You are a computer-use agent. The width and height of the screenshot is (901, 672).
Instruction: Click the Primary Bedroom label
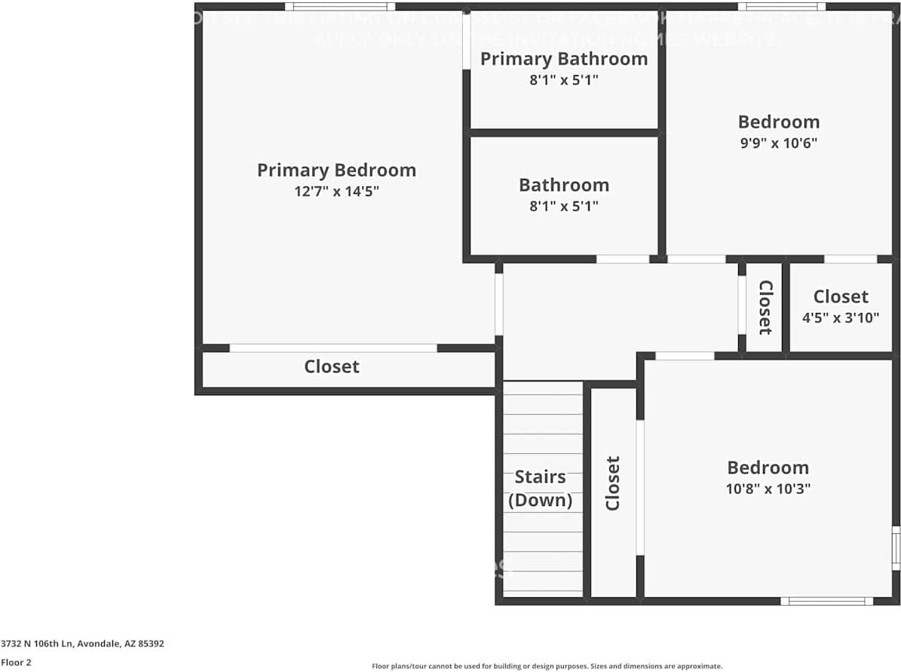coord(336,170)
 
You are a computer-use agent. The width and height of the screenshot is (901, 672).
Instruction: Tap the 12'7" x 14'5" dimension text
coord(336,192)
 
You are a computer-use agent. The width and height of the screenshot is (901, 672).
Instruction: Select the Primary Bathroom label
coord(564,59)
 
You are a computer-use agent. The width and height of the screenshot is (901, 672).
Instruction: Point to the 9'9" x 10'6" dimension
coord(779,143)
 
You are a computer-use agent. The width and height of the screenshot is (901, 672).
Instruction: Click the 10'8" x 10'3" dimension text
coord(768,488)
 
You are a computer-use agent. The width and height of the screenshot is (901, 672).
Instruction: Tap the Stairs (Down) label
coord(540,488)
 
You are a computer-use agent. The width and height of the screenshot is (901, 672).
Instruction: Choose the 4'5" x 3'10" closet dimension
coord(841,318)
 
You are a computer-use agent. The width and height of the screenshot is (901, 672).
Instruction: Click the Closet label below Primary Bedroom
coord(332,367)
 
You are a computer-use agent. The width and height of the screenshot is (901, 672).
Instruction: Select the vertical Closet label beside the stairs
coord(612,483)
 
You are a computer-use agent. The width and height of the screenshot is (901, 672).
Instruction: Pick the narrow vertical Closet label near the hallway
coord(765,307)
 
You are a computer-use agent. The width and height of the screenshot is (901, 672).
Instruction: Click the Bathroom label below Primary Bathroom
coord(564,186)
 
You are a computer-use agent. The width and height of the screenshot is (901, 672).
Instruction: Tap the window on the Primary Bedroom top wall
coord(340,7)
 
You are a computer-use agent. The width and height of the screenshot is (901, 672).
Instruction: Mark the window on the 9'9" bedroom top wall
coord(781,7)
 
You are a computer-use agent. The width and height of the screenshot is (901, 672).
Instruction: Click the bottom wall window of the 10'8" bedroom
coord(826,601)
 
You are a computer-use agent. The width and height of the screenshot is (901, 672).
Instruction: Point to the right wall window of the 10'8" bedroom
coord(896,548)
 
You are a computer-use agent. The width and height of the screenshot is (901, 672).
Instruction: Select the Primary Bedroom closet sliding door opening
coord(333,348)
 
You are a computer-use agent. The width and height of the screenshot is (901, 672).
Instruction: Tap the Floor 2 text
coord(16,662)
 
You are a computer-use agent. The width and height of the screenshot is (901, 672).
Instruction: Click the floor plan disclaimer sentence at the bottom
coord(547,666)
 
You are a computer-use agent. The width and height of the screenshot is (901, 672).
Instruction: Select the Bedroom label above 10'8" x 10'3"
coord(768,468)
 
